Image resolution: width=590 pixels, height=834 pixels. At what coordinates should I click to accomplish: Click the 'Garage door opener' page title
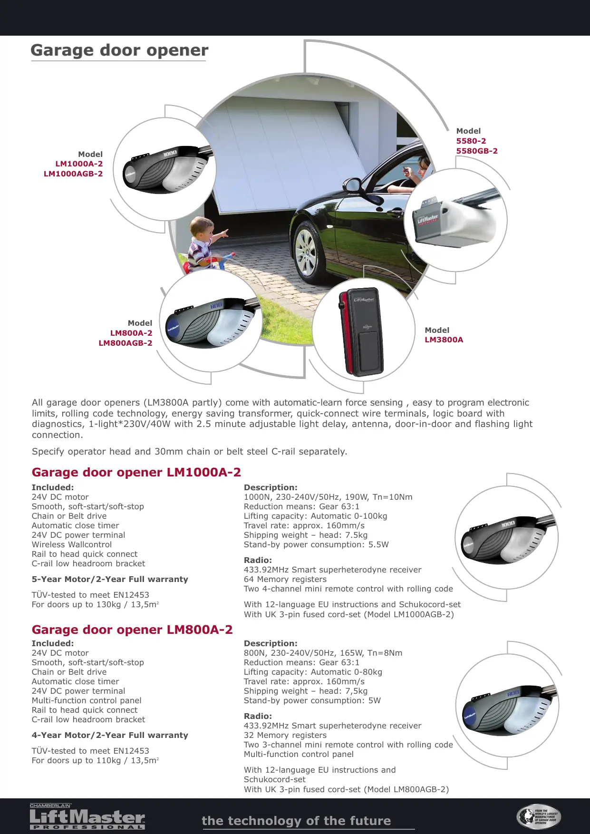point(119,50)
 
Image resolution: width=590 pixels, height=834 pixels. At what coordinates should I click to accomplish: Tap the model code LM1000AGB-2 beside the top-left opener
point(73,174)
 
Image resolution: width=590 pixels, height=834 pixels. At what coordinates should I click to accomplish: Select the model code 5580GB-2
point(477,151)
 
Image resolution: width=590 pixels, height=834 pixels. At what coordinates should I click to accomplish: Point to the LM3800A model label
point(444,340)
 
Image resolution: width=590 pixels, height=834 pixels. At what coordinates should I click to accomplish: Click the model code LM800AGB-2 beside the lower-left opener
point(126,343)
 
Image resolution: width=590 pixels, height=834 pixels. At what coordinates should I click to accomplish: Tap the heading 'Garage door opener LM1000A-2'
point(136,473)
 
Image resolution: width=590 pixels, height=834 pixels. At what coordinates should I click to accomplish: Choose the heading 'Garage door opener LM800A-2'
point(132,630)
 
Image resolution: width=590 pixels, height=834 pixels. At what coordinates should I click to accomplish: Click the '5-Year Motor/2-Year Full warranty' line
point(110,580)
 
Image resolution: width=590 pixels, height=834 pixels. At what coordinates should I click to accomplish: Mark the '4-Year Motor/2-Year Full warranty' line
point(110,736)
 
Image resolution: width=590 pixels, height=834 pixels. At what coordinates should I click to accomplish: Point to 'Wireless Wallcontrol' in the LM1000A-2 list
point(72,545)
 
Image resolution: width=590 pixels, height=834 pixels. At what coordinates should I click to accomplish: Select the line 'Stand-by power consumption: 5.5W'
point(316,545)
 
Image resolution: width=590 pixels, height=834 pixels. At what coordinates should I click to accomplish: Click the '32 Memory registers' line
point(285,736)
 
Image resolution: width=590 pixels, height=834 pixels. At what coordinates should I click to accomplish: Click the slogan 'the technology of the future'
point(296,821)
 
